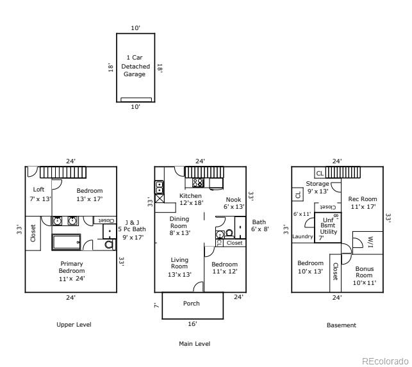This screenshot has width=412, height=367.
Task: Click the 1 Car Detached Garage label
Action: [135, 66]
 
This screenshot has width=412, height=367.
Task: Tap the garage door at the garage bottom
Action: [136, 99]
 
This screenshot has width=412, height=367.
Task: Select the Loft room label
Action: [38, 189]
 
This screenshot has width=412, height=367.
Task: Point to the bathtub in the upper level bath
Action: [66, 242]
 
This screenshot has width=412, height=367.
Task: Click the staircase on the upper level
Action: [63, 172]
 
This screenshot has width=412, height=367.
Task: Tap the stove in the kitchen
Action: [198, 183]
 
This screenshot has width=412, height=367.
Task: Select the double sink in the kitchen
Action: [159, 187]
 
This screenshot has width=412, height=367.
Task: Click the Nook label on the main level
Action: [233, 199]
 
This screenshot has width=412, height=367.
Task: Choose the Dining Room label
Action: [179, 222]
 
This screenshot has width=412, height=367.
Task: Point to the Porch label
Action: [192, 304]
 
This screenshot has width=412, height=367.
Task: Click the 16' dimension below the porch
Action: [192, 324]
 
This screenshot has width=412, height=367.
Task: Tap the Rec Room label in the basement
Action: [363, 199]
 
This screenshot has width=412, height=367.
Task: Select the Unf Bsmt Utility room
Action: [328, 227]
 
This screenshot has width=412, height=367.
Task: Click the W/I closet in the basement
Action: [368, 243]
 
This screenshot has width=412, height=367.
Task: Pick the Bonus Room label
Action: [364, 272]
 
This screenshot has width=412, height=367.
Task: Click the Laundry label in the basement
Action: [302, 236]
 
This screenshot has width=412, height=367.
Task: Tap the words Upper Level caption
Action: [74, 325]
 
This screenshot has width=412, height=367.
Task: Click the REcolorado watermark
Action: [385, 361]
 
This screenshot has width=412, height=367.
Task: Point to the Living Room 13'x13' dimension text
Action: [179, 275]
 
